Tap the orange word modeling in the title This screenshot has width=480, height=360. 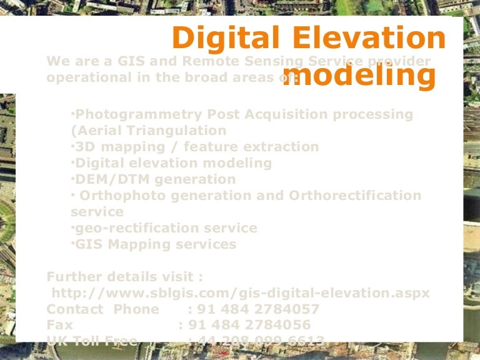(x=359, y=76)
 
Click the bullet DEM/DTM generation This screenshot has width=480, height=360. (x=155, y=179)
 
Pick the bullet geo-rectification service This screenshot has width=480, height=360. (x=165, y=228)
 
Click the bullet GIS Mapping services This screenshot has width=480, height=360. (x=155, y=244)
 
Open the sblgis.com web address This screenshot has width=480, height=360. (x=241, y=293)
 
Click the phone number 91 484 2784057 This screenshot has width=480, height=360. (x=257, y=309)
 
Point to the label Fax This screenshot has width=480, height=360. (x=60, y=326)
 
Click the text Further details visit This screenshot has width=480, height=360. (x=124, y=277)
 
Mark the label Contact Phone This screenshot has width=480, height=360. (x=103, y=309)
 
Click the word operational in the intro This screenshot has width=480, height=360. (x=84, y=78)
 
